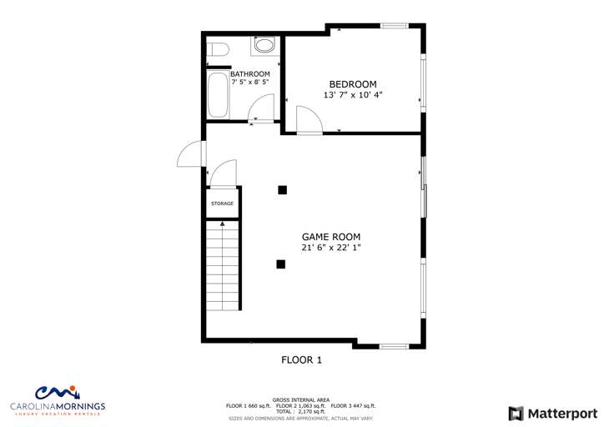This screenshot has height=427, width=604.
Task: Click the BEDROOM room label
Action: pos(353,84)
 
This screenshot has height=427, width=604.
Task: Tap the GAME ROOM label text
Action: pos(331,237)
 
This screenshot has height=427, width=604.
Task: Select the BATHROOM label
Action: pos(250,74)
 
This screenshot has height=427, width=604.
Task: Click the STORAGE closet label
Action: pos(222,203)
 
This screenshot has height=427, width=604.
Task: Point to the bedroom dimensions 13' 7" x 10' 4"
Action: pos(353,95)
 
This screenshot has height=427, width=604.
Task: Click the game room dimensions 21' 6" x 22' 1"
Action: pos(331,248)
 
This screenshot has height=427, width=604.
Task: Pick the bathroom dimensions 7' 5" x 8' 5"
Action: pos(250,82)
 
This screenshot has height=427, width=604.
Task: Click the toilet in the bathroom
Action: pos(218,50)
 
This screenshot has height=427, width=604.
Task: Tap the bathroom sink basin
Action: pos(264,45)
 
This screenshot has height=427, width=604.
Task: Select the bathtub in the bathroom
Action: pos(218,95)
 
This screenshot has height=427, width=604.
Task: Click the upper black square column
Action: pos(282,190)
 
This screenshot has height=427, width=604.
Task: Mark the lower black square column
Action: pos(281,264)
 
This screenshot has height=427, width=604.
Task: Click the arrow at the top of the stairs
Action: pos(222,224)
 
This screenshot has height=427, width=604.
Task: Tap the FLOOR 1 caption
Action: pos(302,360)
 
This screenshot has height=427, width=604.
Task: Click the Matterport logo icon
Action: pos(516,414)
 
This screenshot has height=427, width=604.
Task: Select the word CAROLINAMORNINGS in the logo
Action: pos(58,406)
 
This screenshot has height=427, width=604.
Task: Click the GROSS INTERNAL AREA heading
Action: pos(301,400)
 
